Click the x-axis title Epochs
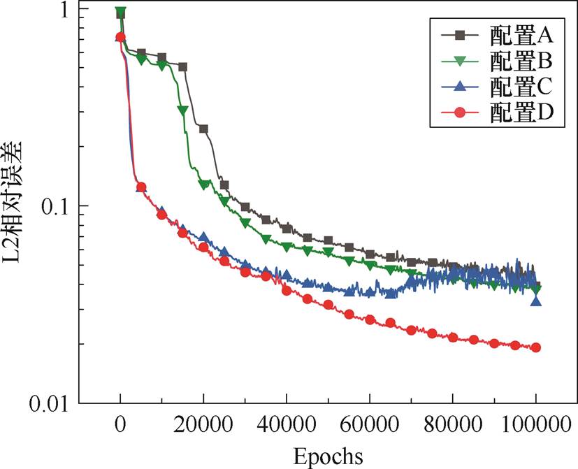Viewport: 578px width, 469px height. (328, 456)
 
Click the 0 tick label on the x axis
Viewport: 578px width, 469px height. (120, 424)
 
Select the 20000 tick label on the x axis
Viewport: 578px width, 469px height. (203, 424)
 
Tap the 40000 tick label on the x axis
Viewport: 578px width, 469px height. (287, 424)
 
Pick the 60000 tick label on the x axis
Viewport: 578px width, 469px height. (370, 424)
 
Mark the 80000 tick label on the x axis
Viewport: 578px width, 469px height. (453, 424)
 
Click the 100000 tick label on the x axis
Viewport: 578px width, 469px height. (535, 424)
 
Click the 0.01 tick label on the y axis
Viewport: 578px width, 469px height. (49, 404)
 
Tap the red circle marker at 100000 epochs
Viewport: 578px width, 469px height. (536, 347)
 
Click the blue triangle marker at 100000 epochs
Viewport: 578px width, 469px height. (536, 301)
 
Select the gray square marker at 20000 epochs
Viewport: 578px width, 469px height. (203, 129)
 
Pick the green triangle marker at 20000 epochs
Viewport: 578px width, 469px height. (203, 184)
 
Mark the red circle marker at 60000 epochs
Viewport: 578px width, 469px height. (370, 319)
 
